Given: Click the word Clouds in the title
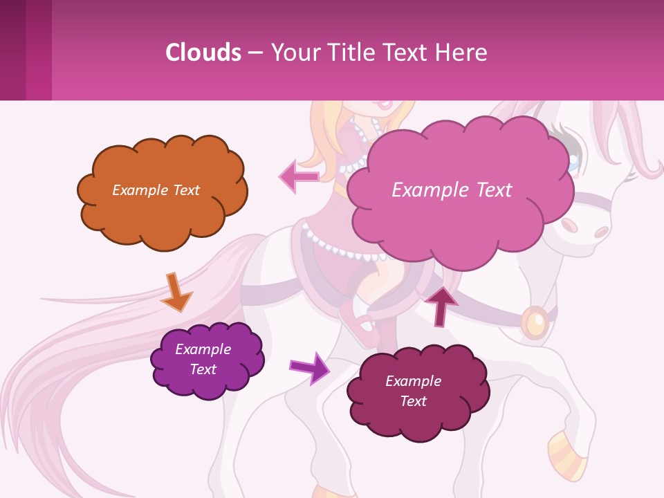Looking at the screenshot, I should pyautogui.click(x=203, y=53).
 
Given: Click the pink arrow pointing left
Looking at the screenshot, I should pyautogui.click(x=299, y=176).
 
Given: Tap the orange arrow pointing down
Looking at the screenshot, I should pyautogui.click(x=176, y=291).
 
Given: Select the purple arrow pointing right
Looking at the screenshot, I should pyautogui.click(x=309, y=367).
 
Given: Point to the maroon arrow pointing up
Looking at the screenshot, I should pyautogui.click(x=441, y=305).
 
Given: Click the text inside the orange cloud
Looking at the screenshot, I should pyautogui.click(x=156, y=190).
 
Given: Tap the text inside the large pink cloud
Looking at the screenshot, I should pyautogui.click(x=452, y=190).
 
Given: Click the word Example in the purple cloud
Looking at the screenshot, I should pyautogui.click(x=203, y=349).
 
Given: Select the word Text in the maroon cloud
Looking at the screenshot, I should pyautogui.click(x=413, y=401).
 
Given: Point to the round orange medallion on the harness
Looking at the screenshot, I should pyautogui.click(x=535, y=322).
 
